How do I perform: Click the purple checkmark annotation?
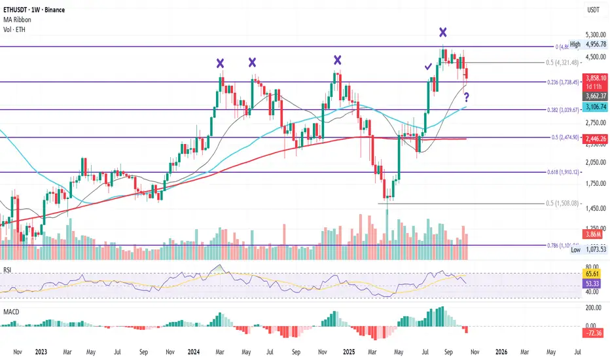tap(428, 66)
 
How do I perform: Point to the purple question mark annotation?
tap(467, 98)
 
